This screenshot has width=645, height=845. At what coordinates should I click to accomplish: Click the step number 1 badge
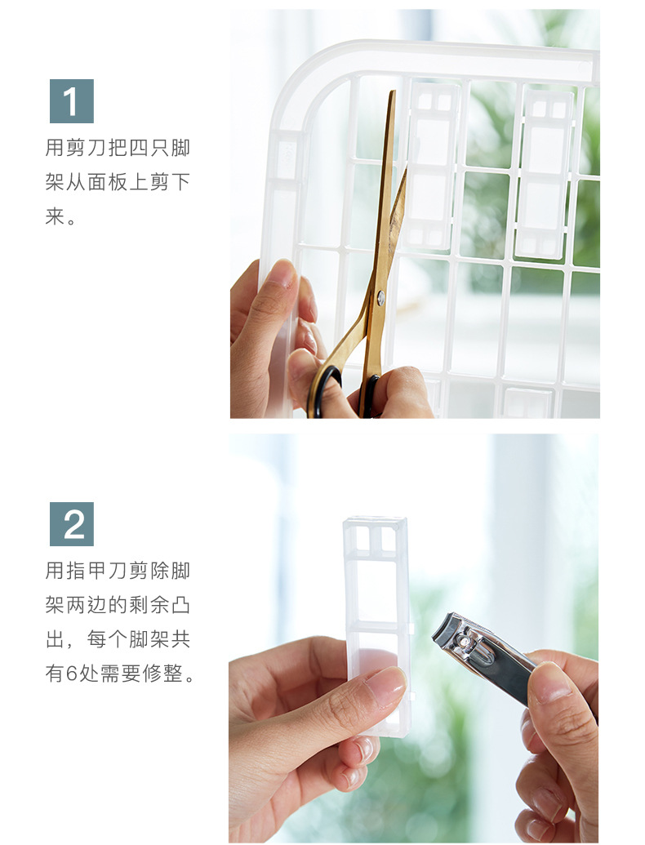pos(71,101)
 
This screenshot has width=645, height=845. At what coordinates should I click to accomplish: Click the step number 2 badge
pos(71,524)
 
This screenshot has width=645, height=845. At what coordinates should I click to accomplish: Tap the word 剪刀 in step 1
pos(88,149)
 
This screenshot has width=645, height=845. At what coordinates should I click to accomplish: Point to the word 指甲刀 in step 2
pos(103,571)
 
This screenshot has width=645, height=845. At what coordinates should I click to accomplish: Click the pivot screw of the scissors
pos(380,299)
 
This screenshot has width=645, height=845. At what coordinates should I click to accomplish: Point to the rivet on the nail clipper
pos(468,642)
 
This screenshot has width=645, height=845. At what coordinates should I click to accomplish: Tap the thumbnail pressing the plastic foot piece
pos(385,685)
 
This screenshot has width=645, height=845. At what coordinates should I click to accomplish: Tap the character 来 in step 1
pos(54,218)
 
